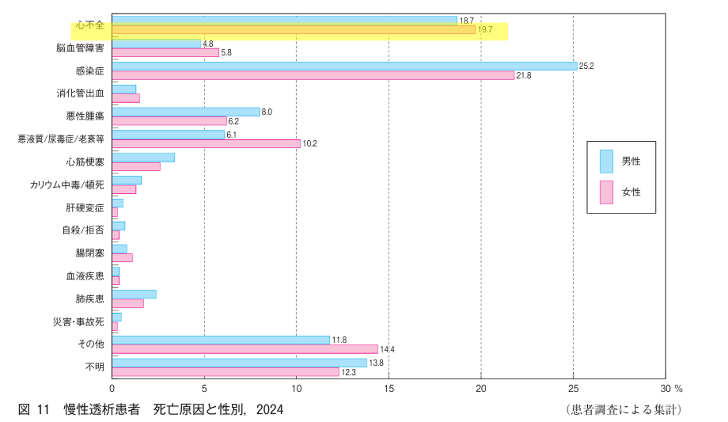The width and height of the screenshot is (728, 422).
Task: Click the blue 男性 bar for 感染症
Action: (x=344, y=66)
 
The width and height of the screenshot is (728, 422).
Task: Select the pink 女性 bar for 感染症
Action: (x=313, y=75)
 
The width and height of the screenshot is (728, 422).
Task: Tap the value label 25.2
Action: (x=586, y=66)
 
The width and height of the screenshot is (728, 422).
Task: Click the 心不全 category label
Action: (x=90, y=24)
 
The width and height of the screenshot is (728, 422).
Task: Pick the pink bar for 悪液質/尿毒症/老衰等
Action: (x=206, y=144)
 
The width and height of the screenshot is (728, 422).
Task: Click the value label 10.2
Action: (x=309, y=144)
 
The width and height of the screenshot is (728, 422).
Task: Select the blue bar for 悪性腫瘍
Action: (x=186, y=112)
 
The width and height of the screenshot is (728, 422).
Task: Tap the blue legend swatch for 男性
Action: (x=606, y=162)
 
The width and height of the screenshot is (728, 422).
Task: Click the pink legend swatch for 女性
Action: (x=606, y=193)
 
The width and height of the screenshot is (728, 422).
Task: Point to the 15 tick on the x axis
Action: (x=389, y=389)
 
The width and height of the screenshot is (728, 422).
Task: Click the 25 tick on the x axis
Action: (x=573, y=389)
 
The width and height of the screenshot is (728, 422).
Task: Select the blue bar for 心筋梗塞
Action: (x=143, y=158)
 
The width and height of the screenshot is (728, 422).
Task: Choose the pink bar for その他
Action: (x=245, y=349)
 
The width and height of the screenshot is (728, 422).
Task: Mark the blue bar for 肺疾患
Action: (x=134, y=294)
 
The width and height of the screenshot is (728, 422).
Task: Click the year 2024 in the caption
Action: (x=270, y=409)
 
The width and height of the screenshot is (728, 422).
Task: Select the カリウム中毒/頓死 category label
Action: (x=67, y=184)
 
